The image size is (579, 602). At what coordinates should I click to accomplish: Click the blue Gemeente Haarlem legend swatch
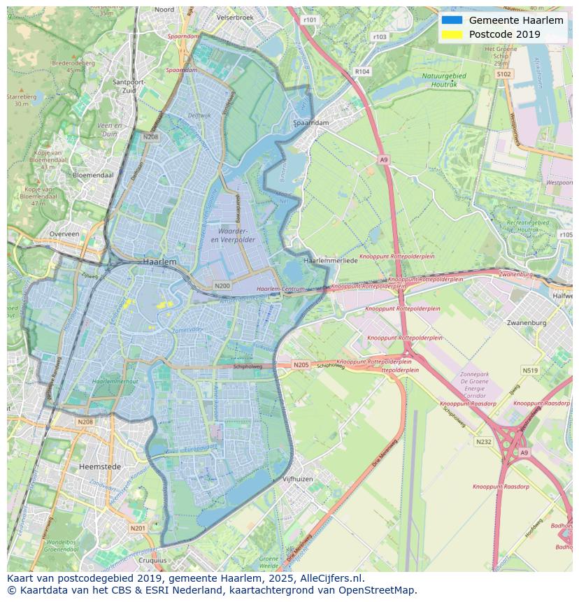pos(452,20)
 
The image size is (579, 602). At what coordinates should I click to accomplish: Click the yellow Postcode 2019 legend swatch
pos(452,34)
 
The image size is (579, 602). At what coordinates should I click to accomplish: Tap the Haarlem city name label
pos(159,261)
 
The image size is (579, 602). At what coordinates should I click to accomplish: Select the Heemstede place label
pos(100,466)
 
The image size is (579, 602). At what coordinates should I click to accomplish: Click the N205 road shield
pos(301,365)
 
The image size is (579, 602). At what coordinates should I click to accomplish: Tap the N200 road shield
pos(222,286)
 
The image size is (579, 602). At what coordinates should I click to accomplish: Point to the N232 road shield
pos(483,442)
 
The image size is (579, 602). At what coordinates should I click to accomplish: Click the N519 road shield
pos(529,371)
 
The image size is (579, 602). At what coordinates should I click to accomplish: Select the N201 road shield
pos(138,528)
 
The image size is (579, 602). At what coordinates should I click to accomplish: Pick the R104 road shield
pos(362,71)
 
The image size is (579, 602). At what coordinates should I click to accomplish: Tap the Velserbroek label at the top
pos(236,16)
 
